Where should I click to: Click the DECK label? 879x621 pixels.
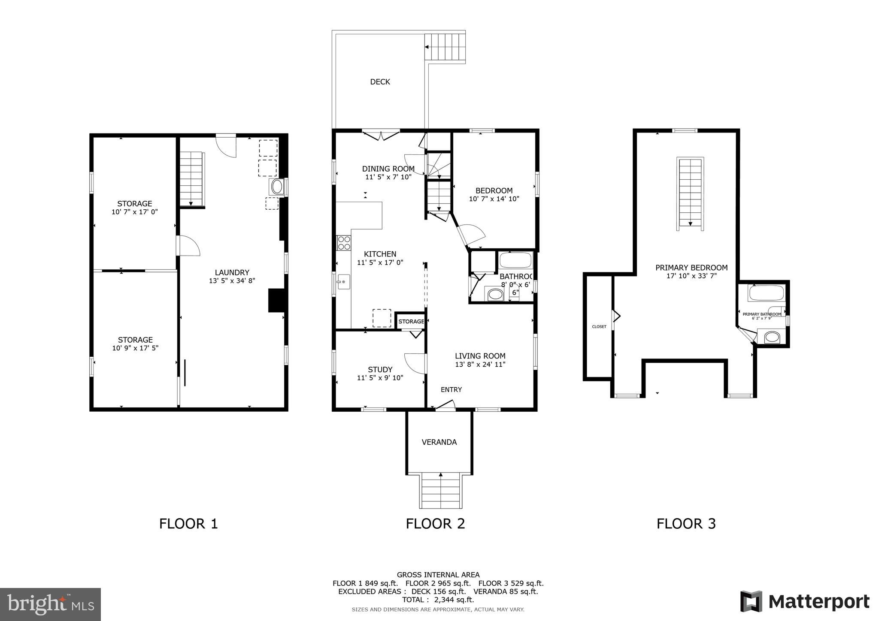pos(380,82)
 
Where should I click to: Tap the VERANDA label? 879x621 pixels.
pos(439,442)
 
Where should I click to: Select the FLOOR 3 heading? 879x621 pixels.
pos(686,524)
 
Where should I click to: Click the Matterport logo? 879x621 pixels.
pos(805,602)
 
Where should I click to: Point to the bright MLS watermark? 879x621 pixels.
pos(50,604)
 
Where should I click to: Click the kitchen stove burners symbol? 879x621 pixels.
pos(343,243)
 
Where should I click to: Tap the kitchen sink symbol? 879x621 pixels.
pos(343,282)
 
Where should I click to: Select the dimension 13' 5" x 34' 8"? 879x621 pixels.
pos(232,281)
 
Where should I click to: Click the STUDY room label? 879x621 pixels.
pos(380,369)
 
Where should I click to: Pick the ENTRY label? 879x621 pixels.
pos(451,389)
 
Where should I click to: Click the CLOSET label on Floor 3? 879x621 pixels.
pos(599,327)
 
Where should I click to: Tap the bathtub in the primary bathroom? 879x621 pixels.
pos(766,293)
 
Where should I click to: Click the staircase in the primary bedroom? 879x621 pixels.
pos(690,193)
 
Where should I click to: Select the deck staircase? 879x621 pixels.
pos(445,47)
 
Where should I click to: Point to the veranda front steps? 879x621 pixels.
pos(441,491)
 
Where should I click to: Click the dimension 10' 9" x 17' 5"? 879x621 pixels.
pos(135,348)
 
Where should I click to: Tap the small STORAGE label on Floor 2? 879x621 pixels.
pos(411,322)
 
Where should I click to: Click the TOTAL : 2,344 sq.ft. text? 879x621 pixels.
pos(438,600)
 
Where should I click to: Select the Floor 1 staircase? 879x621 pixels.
pos(191,179)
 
